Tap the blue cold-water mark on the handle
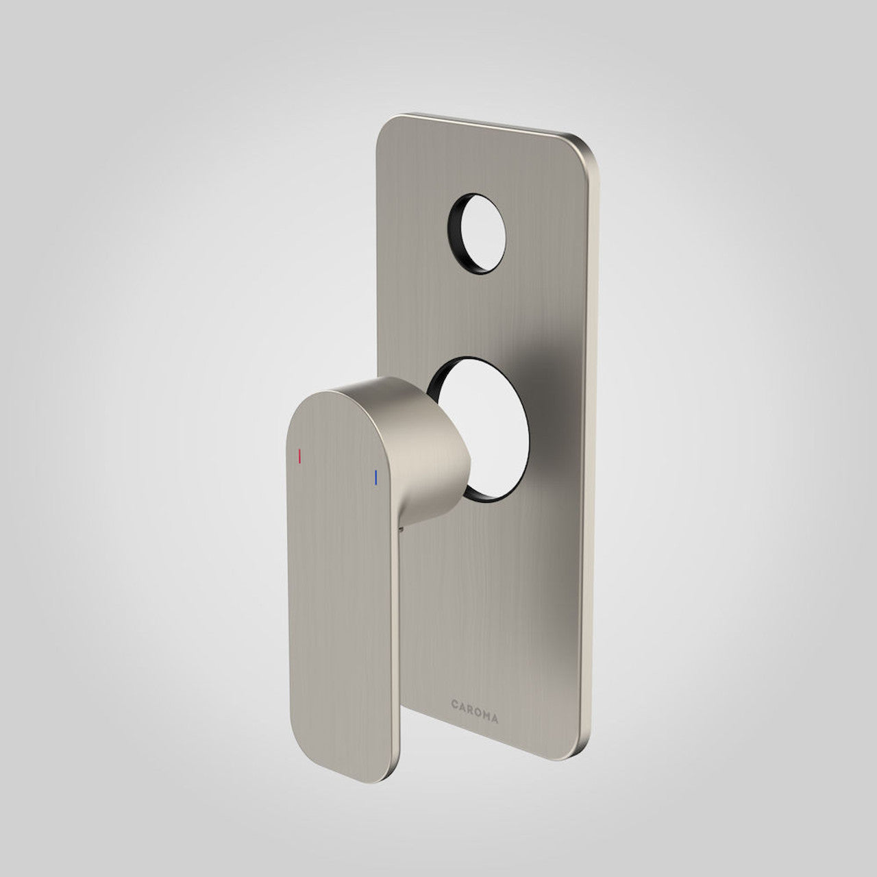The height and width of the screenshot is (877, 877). point(375,478)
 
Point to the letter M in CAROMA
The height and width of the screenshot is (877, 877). point(486,700)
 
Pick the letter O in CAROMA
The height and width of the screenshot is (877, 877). point(478,699)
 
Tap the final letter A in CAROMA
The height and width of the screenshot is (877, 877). point(495,702)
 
